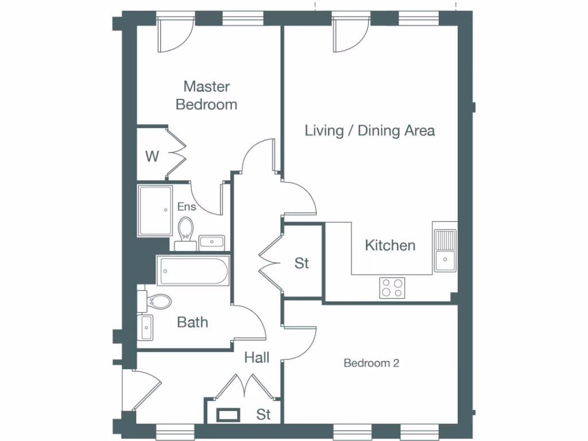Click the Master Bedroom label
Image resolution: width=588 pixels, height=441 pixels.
click(206, 95)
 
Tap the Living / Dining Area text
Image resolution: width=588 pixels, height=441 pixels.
click(369, 130)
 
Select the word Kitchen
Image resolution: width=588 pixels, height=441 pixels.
click(390, 245)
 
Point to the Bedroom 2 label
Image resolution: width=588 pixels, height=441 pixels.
click(371, 363)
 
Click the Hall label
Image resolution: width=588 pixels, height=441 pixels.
click(257, 358)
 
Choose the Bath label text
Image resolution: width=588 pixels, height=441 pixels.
click(192, 322)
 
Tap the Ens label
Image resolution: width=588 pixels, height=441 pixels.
click(187, 207)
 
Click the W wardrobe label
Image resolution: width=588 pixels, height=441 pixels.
click(152, 156)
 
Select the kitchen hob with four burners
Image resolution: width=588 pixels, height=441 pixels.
click(392, 287)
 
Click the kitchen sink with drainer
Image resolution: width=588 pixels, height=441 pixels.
click(445, 250)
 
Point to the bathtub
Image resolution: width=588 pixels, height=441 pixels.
click(193, 270)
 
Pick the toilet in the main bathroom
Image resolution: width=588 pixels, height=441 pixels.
click(156, 301)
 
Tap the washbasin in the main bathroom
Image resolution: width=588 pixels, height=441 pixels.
click(145, 327)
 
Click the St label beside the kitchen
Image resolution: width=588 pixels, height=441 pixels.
click(301, 263)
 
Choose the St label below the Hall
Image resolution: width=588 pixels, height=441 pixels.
click(264, 414)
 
